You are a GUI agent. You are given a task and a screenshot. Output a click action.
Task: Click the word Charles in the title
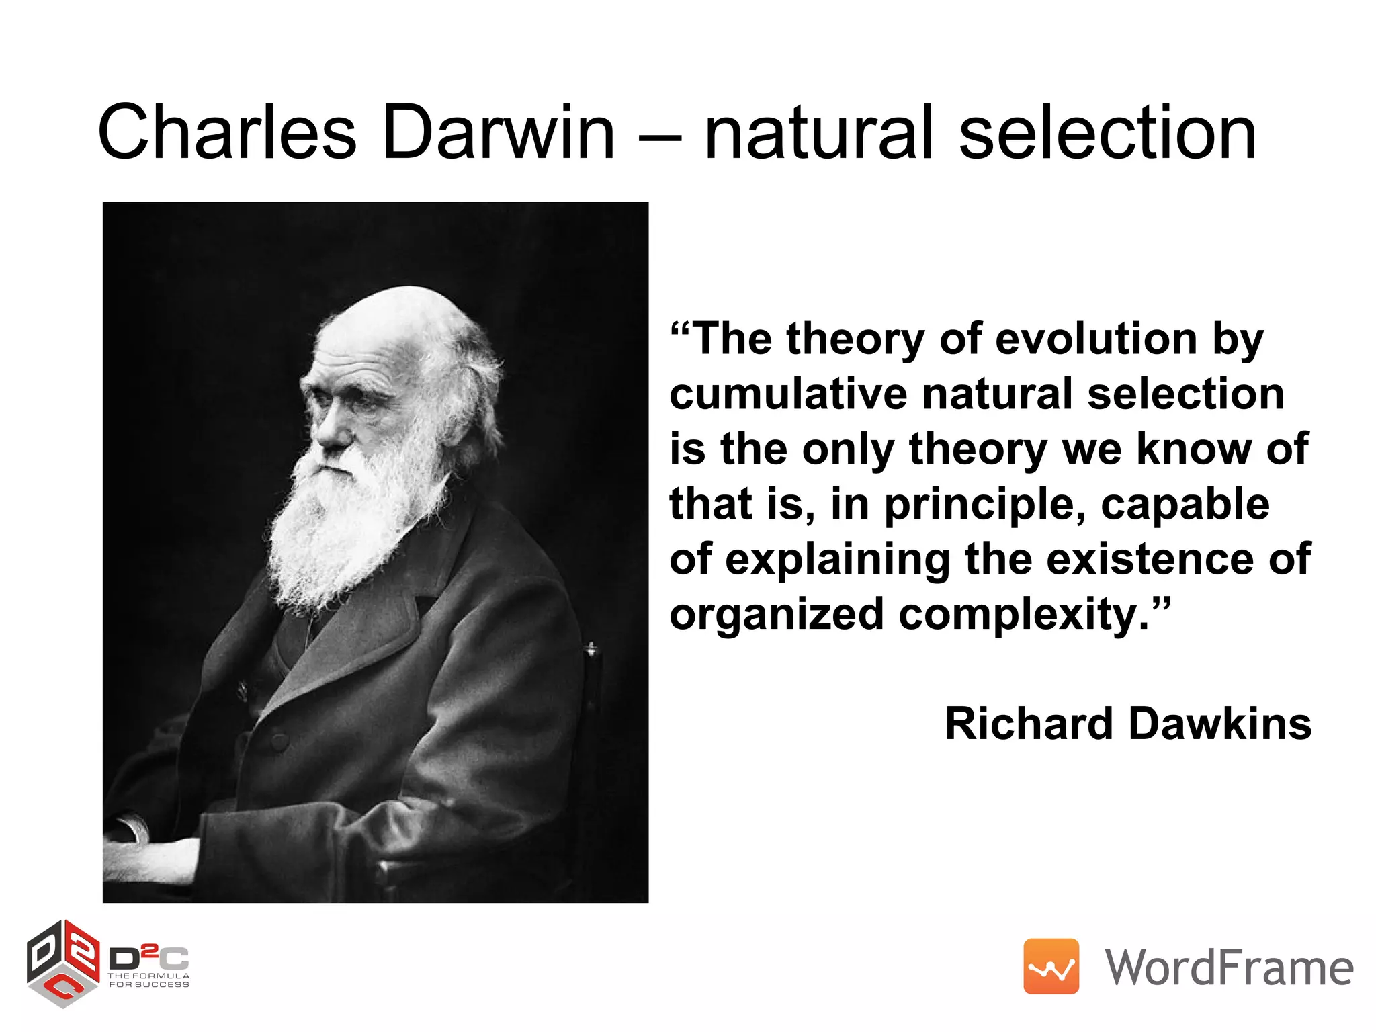click(x=227, y=132)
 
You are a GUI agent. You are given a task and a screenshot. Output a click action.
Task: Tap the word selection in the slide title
click(x=1107, y=132)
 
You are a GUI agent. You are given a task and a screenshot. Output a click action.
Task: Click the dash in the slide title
click(x=660, y=138)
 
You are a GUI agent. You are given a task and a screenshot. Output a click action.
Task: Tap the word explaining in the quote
click(x=837, y=560)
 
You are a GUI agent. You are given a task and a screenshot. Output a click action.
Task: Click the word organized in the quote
click(x=776, y=615)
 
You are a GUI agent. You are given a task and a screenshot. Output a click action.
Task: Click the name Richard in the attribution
click(x=1029, y=724)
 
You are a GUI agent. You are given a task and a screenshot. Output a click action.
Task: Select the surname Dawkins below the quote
click(x=1219, y=724)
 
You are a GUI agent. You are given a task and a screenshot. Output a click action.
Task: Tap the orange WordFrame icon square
click(x=1051, y=966)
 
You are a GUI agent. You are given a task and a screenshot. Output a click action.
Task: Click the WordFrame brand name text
click(x=1229, y=967)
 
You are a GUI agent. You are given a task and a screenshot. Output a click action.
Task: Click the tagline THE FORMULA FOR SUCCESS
click(x=149, y=980)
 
